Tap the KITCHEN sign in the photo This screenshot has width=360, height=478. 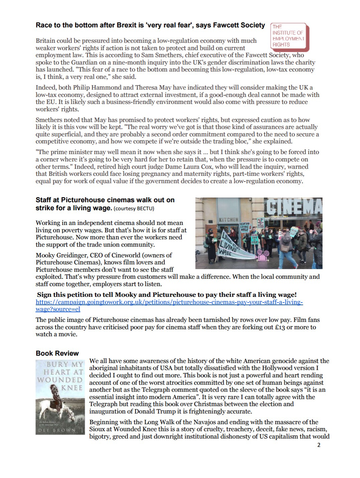tap(229, 220)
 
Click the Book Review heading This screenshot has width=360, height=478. tap(57, 353)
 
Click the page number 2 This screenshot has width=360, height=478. tap(319, 445)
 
